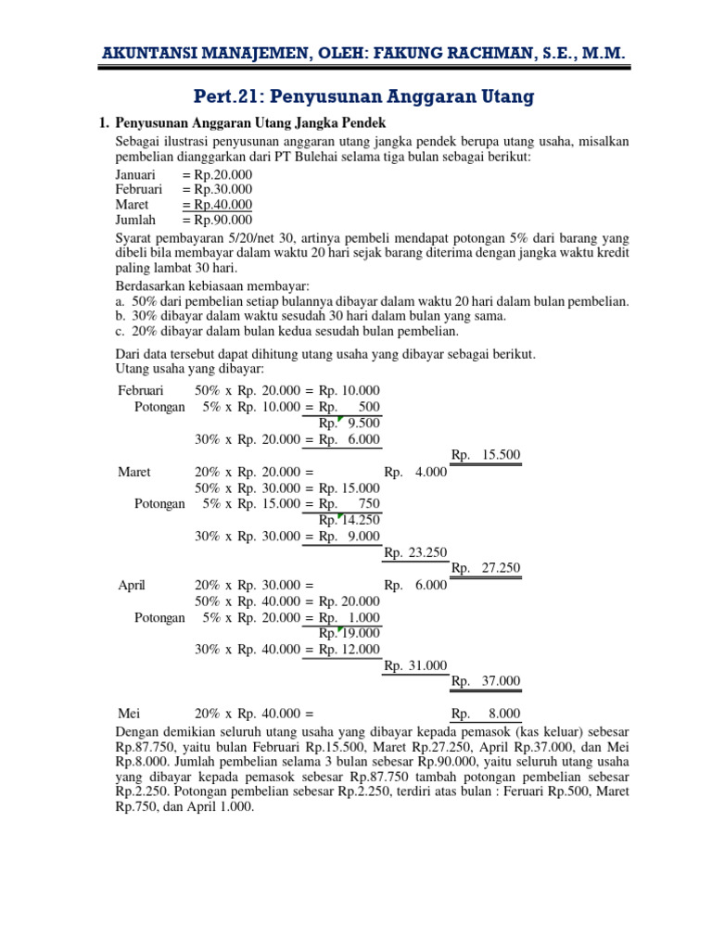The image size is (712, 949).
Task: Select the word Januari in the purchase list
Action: pyautogui.click(x=136, y=174)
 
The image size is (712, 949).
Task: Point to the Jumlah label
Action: pyautogui.click(x=135, y=220)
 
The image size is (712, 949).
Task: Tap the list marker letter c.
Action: pyautogui.click(x=120, y=331)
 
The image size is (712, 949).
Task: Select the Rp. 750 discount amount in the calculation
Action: pyautogui.click(x=350, y=503)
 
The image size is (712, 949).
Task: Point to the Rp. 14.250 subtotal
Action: pyautogui.click(x=350, y=520)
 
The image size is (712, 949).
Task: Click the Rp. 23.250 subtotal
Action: pyautogui.click(x=415, y=552)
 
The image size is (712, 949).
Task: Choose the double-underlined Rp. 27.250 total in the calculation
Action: pyautogui.click(x=486, y=568)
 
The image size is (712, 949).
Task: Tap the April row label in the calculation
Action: pyautogui.click(x=132, y=585)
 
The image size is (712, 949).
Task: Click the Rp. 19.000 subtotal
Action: pyautogui.click(x=350, y=633)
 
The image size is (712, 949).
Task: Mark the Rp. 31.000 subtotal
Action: pyautogui.click(x=415, y=665)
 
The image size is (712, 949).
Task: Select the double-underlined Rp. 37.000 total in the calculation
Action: pyautogui.click(x=486, y=681)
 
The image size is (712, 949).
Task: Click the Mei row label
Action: pyautogui.click(x=128, y=714)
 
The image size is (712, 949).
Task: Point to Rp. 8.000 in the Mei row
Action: pyautogui.click(x=486, y=714)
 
